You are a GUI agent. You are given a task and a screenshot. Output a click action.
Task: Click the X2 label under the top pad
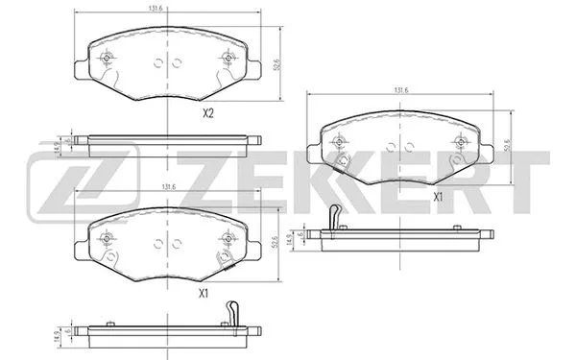[x=206, y=113]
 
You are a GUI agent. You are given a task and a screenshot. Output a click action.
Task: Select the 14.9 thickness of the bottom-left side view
[x=58, y=338]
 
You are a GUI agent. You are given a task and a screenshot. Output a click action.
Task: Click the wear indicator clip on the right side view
[x=334, y=219]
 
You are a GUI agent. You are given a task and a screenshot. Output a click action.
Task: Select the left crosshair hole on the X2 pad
[x=106, y=57]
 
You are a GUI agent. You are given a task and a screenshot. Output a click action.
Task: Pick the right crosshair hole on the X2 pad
[x=228, y=57]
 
